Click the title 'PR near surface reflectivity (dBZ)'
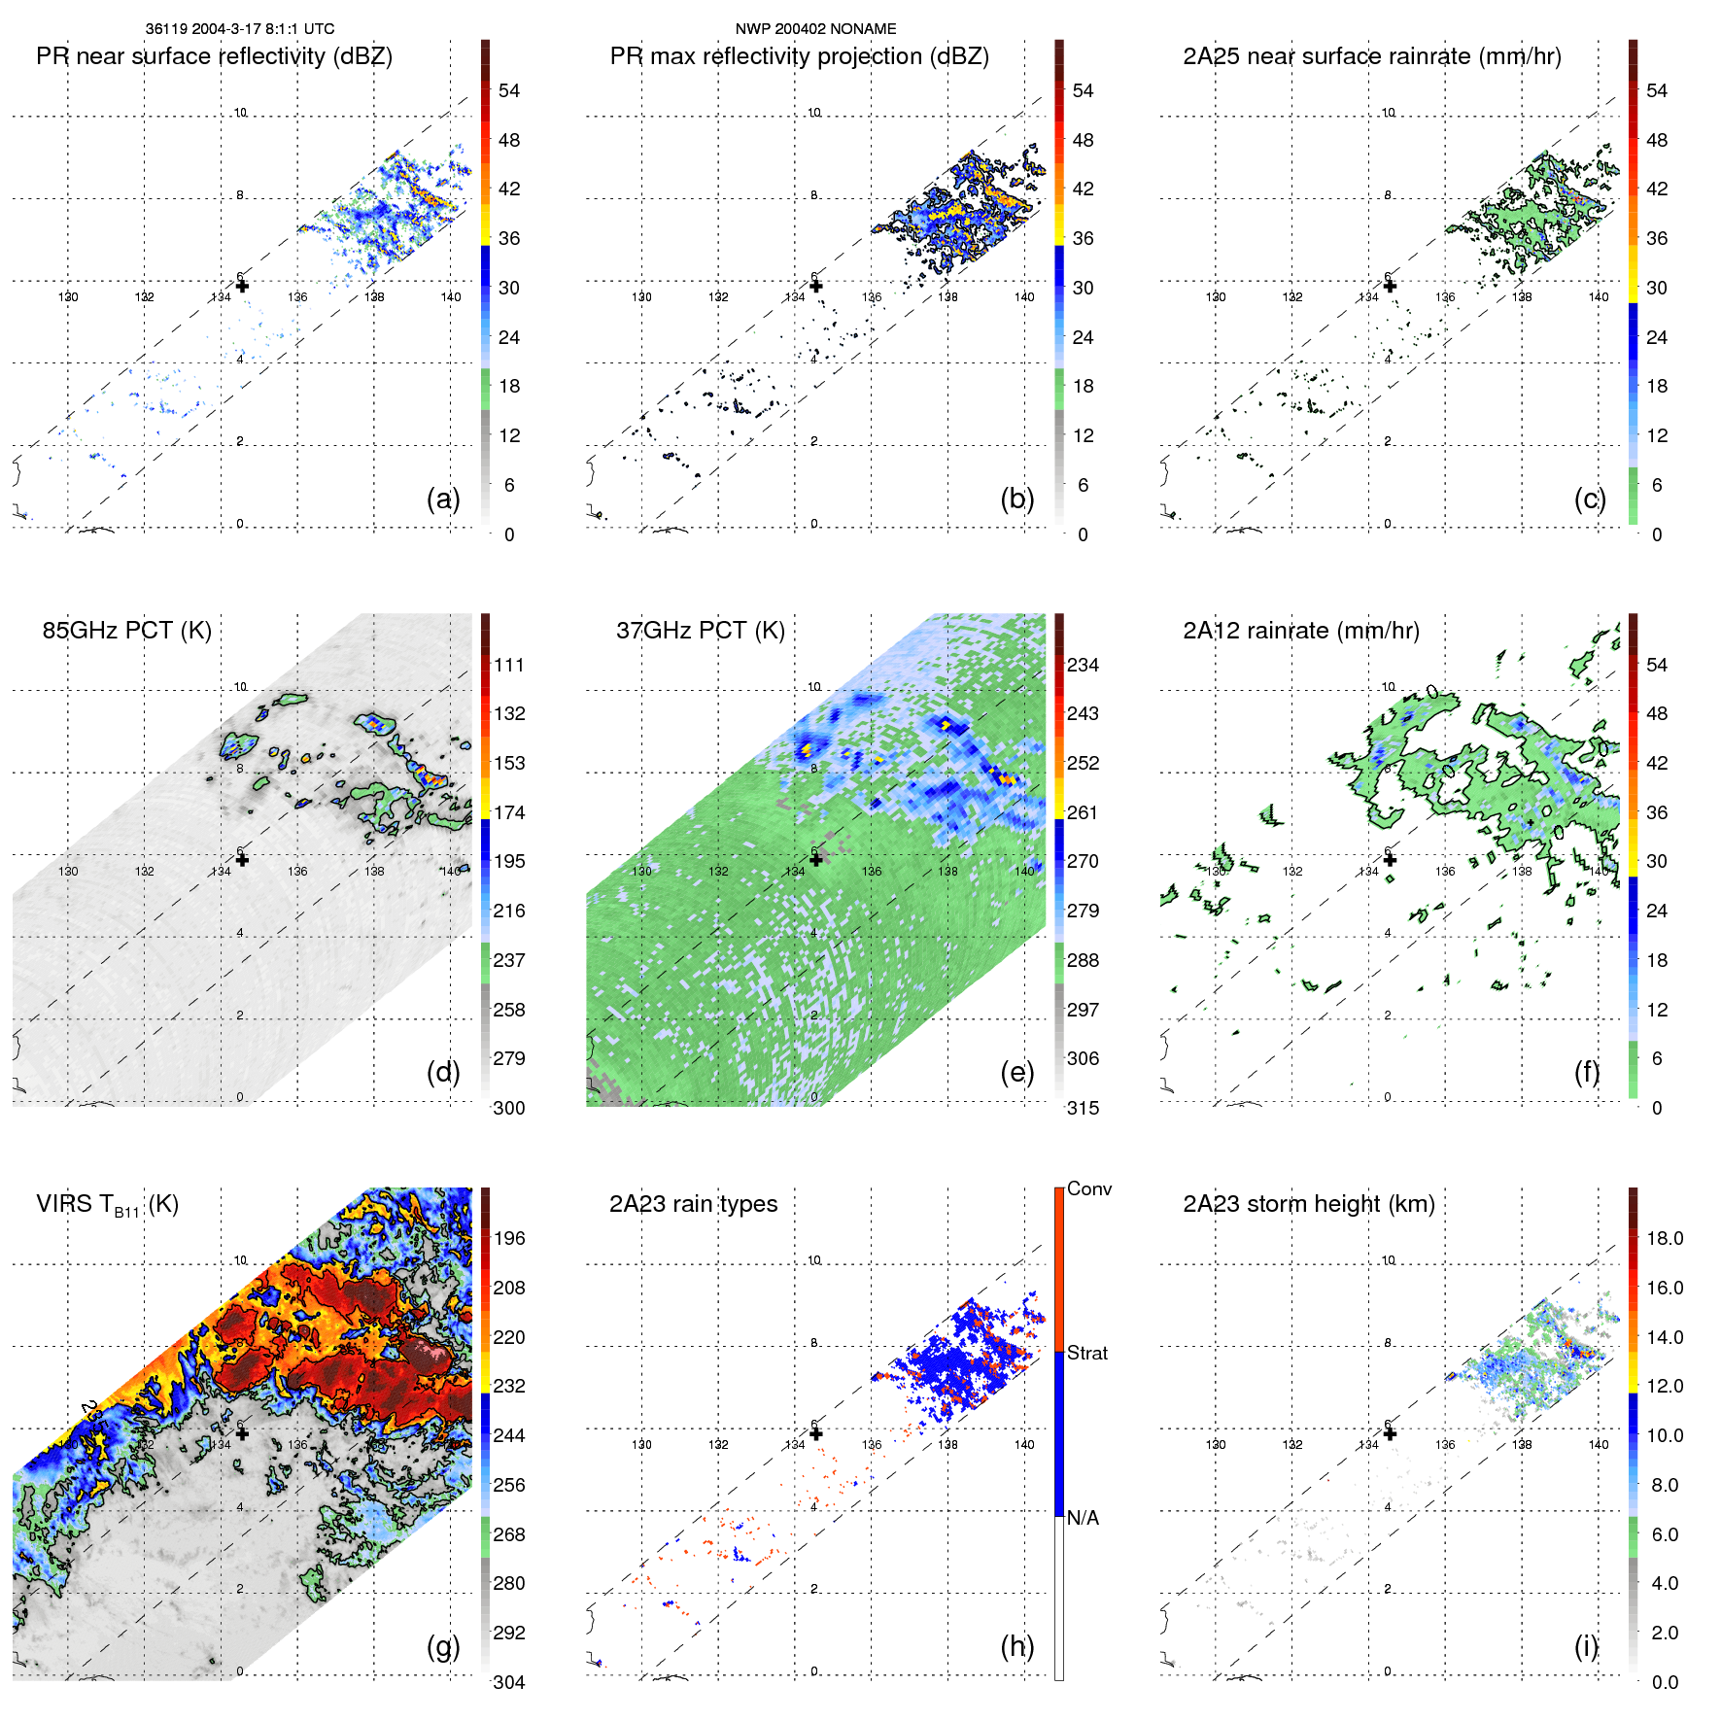click(214, 56)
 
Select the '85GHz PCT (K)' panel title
click(126, 631)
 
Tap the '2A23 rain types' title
click(693, 1204)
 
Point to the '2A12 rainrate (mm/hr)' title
click(1300, 631)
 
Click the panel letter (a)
click(443, 499)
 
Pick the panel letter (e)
click(1016, 1072)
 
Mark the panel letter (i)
click(1586, 1646)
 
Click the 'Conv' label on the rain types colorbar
click(1088, 1188)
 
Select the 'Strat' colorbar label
click(1086, 1353)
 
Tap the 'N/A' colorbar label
click(1083, 1518)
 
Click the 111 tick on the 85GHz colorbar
click(509, 665)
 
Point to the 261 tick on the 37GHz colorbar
click(1083, 812)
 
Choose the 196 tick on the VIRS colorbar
click(509, 1238)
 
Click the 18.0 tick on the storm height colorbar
click(1664, 1238)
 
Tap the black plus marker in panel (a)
click(242, 286)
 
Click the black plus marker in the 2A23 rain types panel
click(816, 1433)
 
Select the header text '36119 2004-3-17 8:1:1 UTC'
click(240, 29)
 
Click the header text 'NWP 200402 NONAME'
click(815, 29)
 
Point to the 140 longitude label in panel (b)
click(1024, 297)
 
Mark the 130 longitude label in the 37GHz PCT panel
click(642, 871)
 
